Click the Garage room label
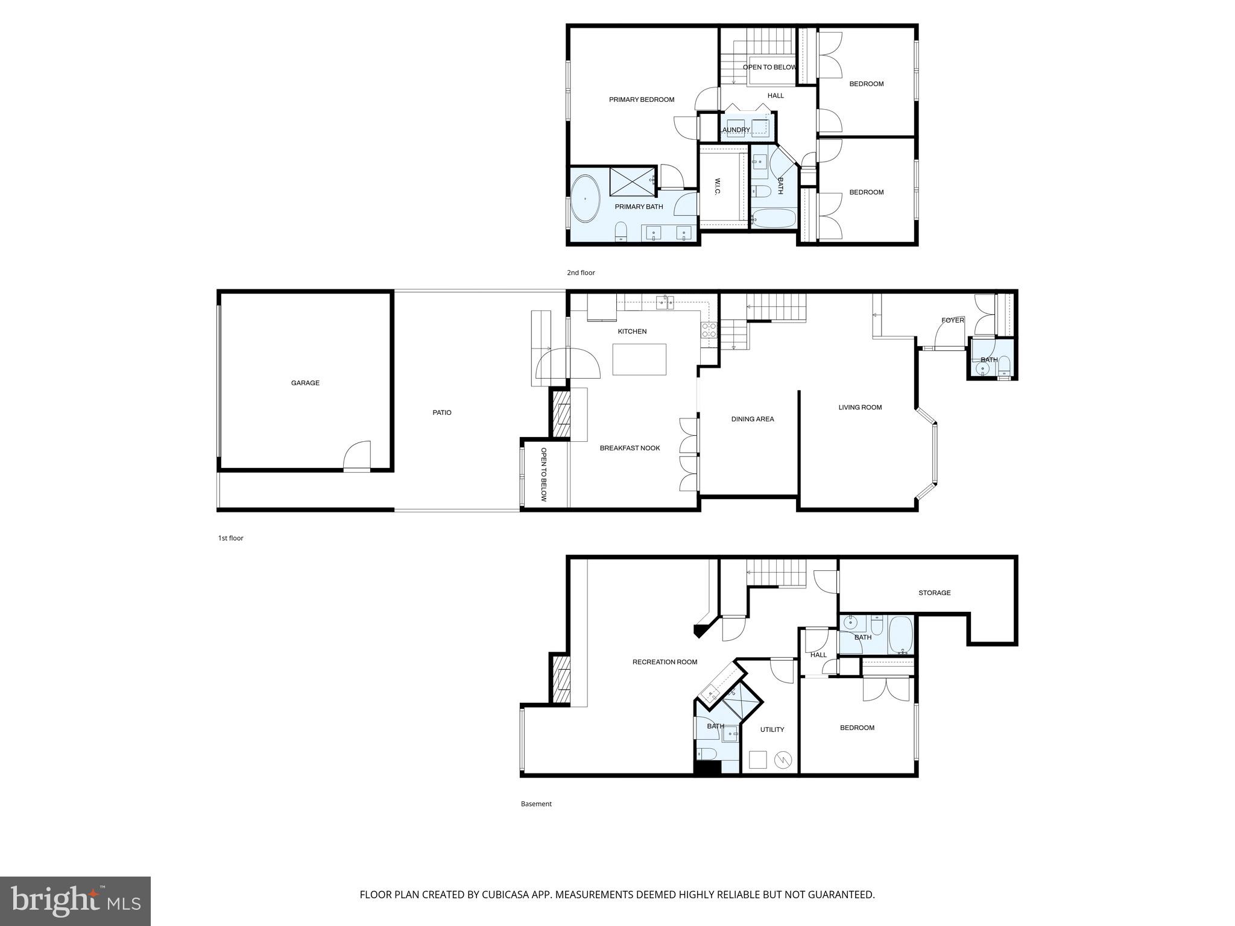(x=305, y=383)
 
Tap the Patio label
(x=442, y=413)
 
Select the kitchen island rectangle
(x=640, y=359)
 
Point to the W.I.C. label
(x=718, y=186)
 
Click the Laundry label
(x=736, y=130)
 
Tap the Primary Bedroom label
(x=642, y=100)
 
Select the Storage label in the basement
(x=935, y=593)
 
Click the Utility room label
(x=772, y=729)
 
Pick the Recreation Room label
(x=665, y=662)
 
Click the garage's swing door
(x=357, y=456)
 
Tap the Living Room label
(x=860, y=408)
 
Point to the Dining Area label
(x=753, y=419)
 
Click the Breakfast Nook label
(x=630, y=448)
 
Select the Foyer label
(x=953, y=320)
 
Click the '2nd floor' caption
(x=581, y=273)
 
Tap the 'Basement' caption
(x=536, y=804)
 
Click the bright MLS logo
(x=75, y=901)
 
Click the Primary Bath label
(x=639, y=207)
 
